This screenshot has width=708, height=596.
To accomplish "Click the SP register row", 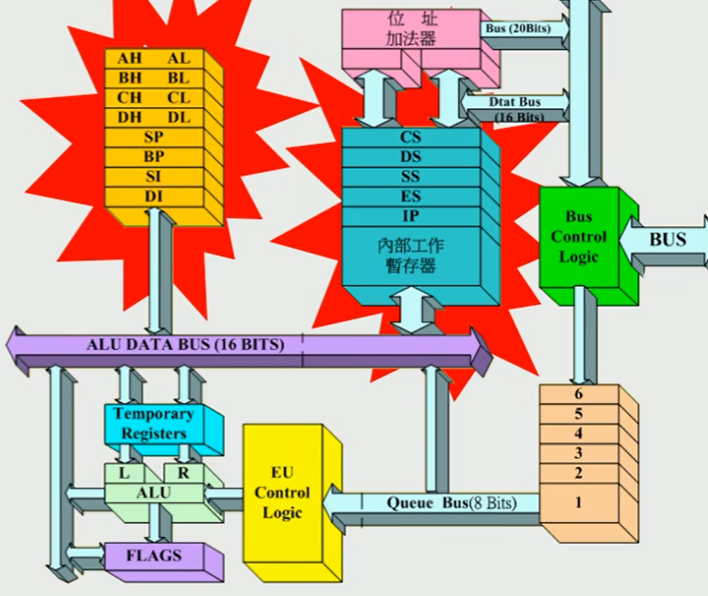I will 153,136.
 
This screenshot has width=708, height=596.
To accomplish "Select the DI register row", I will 153,196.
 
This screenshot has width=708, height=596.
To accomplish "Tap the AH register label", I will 129,58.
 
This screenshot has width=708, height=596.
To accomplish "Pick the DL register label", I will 178,117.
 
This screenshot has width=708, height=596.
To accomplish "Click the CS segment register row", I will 410,137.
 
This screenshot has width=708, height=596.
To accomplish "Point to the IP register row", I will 410,216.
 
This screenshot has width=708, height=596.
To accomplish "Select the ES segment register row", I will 410,196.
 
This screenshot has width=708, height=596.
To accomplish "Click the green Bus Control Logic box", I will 580,237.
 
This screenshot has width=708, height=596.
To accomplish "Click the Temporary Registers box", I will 153,424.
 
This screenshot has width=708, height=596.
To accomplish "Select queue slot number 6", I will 578,394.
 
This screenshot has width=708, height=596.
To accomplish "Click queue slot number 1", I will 578,503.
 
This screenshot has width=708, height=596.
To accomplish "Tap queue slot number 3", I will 578,453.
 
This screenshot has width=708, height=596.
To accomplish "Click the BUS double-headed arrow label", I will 667,240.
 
